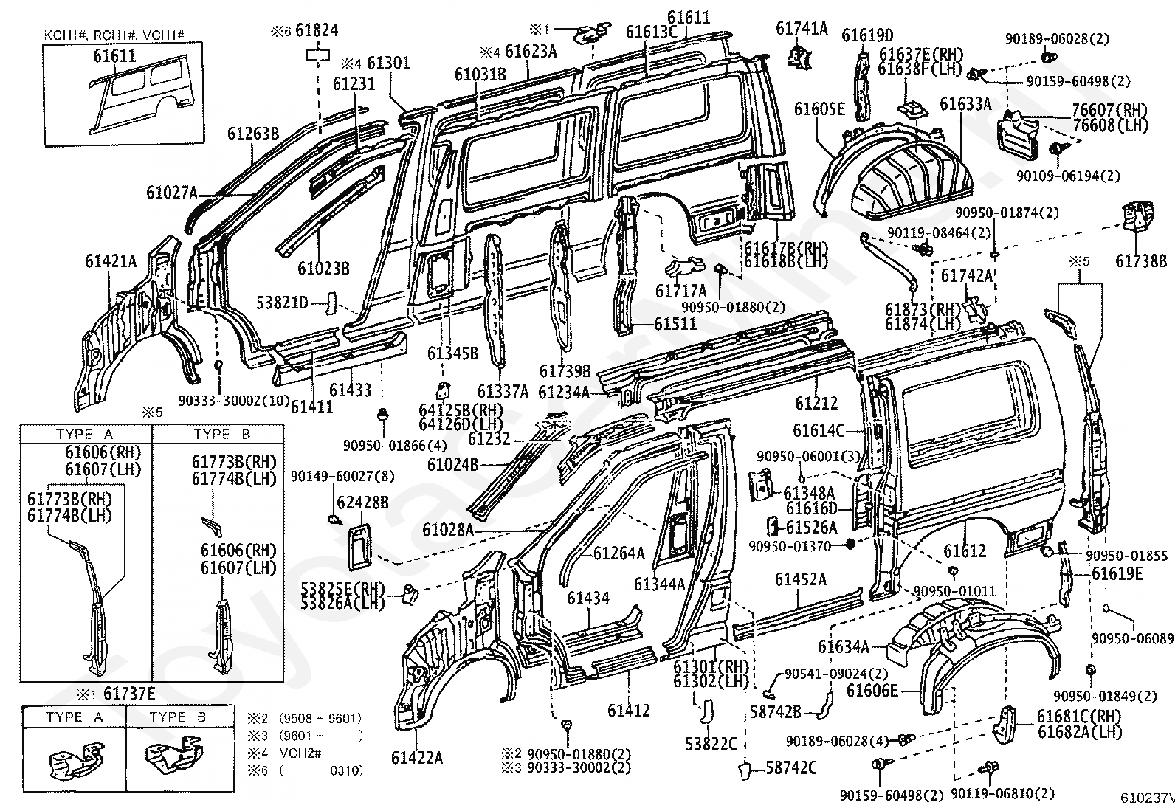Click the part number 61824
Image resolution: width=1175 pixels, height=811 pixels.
pyautogui.click(x=317, y=30)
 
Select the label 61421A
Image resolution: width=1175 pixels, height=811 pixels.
pyautogui.click(x=111, y=260)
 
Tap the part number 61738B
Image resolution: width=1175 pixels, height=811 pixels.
pyautogui.click(x=1140, y=260)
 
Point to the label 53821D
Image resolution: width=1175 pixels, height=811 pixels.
pyautogui.click(x=282, y=303)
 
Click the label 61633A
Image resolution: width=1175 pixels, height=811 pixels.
pyautogui.click(x=965, y=104)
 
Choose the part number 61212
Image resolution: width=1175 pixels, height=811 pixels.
pyautogui.click(x=816, y=403)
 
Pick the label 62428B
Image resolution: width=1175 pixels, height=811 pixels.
pyautogui.click(x=362, y=503)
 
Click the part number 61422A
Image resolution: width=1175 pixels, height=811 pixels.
pyautogui.click(x=416, y=757)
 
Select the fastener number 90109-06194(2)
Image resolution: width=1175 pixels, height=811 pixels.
pyautogui.click(x=1068, y=176)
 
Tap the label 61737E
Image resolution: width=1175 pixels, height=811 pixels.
pyautogui.click(x=129, y=694)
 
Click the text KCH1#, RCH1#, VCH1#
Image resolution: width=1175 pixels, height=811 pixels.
pyautogui.click(x=114, y=35)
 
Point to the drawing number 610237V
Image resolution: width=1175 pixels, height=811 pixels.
pyautogui.click(x=1147, y=798)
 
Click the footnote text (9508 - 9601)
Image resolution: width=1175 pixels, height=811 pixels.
pyautogui.click(x=320, y=718)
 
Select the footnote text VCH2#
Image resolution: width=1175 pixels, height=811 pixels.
pyautogui.click(x=300, y=753)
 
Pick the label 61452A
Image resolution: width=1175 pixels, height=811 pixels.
pyautogui.click(x=801, y=579)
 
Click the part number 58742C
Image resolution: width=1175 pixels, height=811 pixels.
pyautogui.click(x=791, y=768)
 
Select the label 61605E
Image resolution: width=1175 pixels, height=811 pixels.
pyautogui.click(x=819, y=108)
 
